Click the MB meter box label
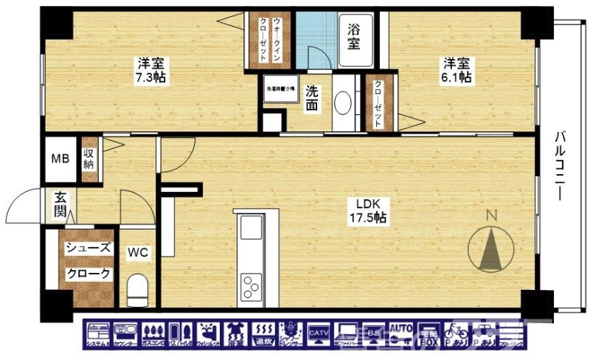point(59,159)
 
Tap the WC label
point(138,253)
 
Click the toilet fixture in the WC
point(138,290)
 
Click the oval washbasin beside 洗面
point(343,103)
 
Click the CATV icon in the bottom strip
point(319,335)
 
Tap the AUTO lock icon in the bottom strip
point(400,335)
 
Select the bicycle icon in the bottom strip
point(455,335)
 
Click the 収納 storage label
point(89,158)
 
